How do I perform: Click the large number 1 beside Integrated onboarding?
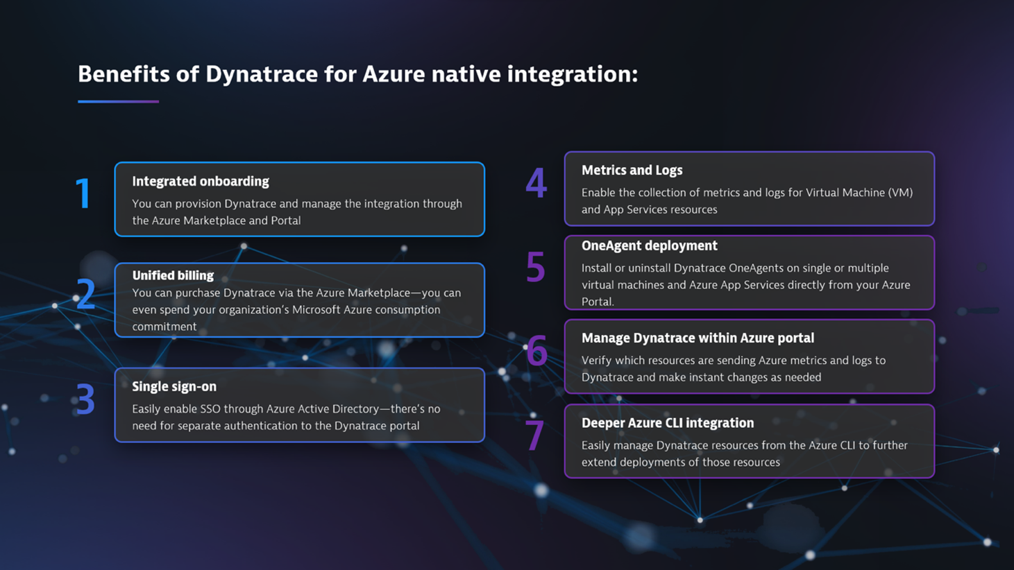[x=83, y=193]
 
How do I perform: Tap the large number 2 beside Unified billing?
[x=85, y=294]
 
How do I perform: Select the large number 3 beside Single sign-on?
[x=85, y=399]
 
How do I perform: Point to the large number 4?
[x=536, y=184]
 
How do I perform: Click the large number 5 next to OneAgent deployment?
[x=535, y=268]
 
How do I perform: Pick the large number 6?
[x=536, y=352]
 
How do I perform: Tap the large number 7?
[x=534, y=436]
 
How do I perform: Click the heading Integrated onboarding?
[x=201, y=182]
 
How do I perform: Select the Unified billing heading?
[x=173, y=275]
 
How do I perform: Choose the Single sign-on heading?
[x=174, y=387]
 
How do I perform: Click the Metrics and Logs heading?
[x=632, y=171]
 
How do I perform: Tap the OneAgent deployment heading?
[x=649, y=246]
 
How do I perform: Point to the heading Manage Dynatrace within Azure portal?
[x=698, y=338]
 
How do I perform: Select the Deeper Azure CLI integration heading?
[x=667, y=423]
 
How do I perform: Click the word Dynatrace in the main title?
[x=261, y=74]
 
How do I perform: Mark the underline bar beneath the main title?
[x=118, y=101]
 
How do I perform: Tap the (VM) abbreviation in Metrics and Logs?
[x=900, y=193]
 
